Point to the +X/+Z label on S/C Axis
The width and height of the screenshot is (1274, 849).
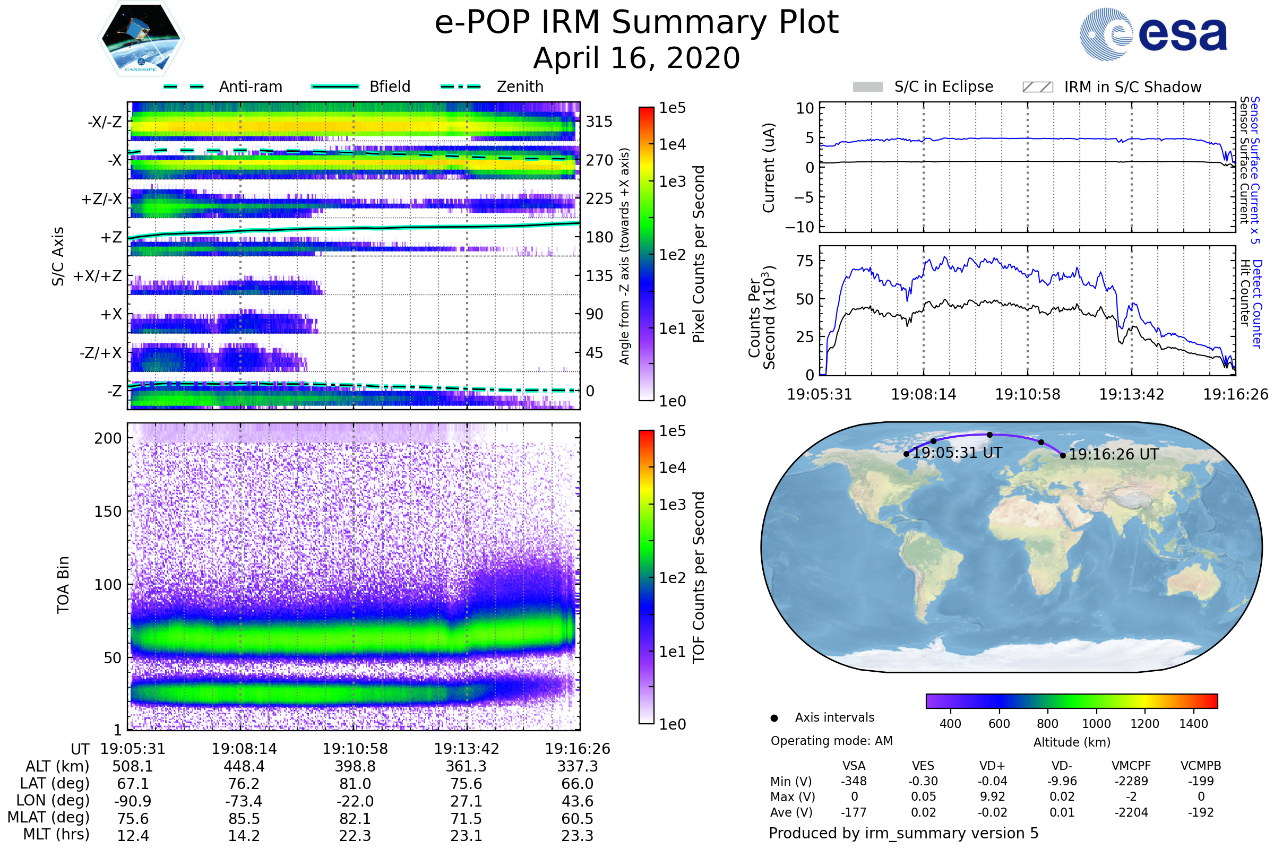pos(98,276)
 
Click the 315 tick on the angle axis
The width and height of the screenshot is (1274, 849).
pos(599,122)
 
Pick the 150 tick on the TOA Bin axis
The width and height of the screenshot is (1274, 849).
pos(108,512)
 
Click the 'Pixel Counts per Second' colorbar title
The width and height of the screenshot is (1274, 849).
pos(699,254)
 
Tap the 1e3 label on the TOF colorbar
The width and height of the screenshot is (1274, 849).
pos(672,505)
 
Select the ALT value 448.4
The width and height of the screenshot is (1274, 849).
pos(244,766)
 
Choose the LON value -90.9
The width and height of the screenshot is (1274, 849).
pos(133,801)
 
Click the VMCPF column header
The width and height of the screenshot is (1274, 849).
pos(1131,766)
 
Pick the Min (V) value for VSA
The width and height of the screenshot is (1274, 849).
pos(854,781)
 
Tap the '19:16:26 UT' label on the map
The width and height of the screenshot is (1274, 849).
pos(1113,454)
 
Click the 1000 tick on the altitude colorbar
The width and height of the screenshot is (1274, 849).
pos(1096,724)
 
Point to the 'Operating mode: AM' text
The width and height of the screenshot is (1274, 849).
pos(831,741)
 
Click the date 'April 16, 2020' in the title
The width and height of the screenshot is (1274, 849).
pos(636,58)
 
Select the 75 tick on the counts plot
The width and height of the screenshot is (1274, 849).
pos(805,261)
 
